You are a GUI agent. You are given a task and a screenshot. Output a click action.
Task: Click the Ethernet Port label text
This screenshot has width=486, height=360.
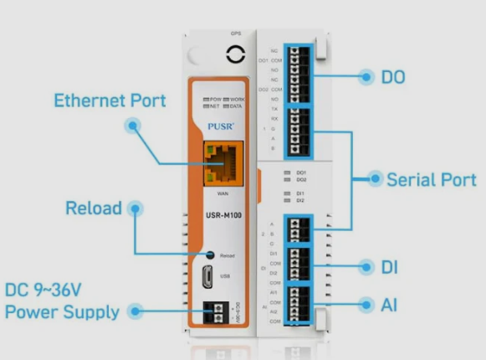(x=110, y=101)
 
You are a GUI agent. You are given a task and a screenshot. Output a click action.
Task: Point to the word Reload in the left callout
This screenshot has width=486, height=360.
(x=93, y=208)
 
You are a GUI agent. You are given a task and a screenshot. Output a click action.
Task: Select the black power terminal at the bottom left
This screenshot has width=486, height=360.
(x=222, y=311)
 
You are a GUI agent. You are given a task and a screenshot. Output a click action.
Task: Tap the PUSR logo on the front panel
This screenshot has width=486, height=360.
(x=220, y=128)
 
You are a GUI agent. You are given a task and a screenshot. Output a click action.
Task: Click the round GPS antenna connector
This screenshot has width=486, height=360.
(x=234, y=55)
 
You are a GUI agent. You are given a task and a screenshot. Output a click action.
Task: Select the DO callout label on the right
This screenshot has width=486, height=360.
(x=393, y=77)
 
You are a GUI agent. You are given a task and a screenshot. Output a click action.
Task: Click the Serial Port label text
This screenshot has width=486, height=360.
(x=431, y=179)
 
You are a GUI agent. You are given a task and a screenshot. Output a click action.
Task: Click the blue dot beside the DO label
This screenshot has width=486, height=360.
(x=365, y=77)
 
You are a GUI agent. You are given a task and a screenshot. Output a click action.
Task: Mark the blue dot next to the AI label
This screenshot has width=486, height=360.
(x=365, y=304)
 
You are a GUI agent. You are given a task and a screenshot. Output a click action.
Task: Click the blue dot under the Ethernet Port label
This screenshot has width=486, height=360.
(x=132, y=126)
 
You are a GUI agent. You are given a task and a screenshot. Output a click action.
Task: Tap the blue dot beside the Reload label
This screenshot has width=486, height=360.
(x=132, y=208)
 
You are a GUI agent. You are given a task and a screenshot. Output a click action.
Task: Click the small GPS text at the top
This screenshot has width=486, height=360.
(x=235, y=33)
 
